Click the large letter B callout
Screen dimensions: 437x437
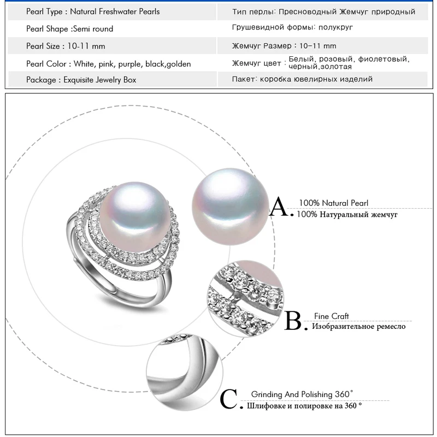tap(293, 321)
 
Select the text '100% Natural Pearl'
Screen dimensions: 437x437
tap(333, 203)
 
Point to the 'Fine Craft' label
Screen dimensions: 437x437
tap(331, 316)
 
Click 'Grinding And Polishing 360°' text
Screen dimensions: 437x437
tap(302, 394)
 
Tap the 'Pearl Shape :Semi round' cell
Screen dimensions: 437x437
tap(70, 29)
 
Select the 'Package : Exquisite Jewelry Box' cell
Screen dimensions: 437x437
tap(81, 80)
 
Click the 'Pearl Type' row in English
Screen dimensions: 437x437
tap(93, 11)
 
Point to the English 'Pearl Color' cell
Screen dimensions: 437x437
tap(109, 64)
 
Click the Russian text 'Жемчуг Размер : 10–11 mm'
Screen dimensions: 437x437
tap(284, 46)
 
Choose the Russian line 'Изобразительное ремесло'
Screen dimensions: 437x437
tap(359, 327)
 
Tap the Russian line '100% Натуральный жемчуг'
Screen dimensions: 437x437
tap(347, 215)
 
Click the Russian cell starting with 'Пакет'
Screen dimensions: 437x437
tap(302, 80)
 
